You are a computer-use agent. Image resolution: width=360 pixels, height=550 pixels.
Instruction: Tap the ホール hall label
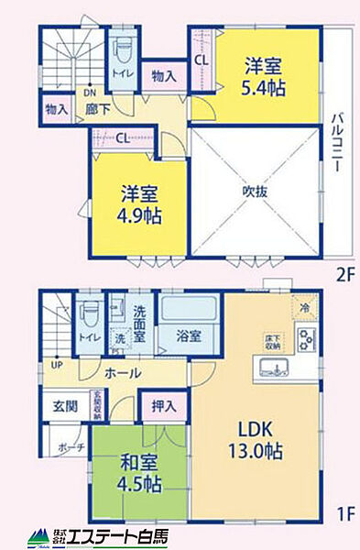point(122,374)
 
